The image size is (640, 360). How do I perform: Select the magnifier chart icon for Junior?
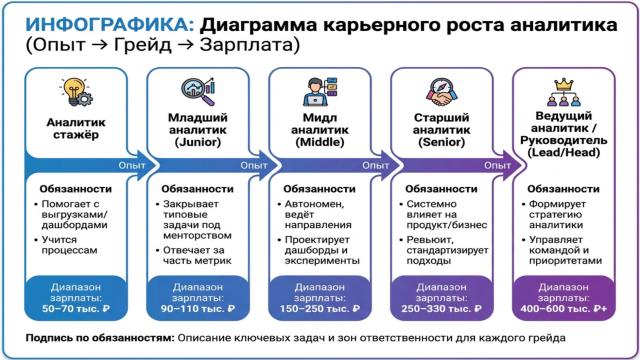[x=196, y=90]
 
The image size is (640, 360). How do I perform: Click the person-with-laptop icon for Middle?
[x=318, y=91]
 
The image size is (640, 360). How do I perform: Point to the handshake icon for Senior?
[x=440, y=91]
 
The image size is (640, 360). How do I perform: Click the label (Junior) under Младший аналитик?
[x=196, y=142]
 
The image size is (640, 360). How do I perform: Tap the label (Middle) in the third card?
[x=318, y=142]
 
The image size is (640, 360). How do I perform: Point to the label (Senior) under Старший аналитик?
[x=440, y=142]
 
